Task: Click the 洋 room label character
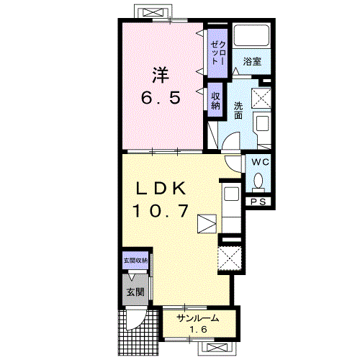[x=161, y=75]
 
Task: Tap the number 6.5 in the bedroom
[x=161, y=98]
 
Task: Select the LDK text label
[x=161, y=188]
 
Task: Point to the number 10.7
[x=161, y=210]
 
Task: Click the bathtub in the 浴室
[x=251, y=35]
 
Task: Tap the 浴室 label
[x=252, y=61]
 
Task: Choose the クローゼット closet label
[x=218, y=53]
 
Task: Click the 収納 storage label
[x=215, y=101]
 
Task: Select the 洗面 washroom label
[x=238, y=110]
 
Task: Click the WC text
[x=260, y=162]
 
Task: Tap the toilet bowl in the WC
[x=258, y=181]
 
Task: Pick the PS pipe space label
[x=258, y=202]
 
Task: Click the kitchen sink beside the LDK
[x=231, y=194]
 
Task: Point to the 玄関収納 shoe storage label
[x=135, y=261]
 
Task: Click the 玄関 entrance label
[x=135, y=292]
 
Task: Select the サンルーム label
[x=198, y=318]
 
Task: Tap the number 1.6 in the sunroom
[x=199, y=330]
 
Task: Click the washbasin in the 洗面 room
[x=263, y=123]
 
